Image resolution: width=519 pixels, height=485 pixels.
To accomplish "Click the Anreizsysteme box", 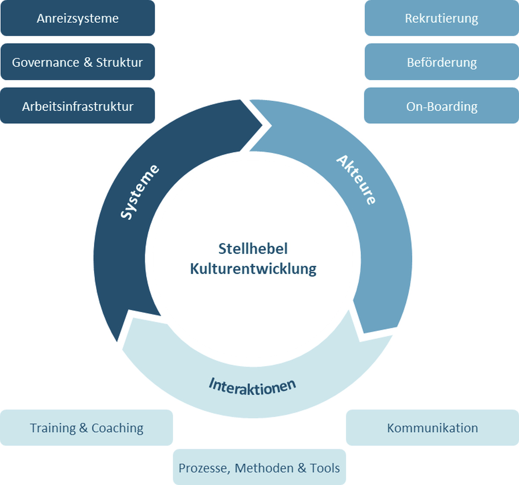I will point(78,18).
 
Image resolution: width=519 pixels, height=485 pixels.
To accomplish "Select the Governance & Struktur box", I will point(78,62).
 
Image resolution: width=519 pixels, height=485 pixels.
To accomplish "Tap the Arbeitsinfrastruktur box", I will point(78,106).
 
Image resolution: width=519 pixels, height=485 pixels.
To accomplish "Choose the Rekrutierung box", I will point(442,18).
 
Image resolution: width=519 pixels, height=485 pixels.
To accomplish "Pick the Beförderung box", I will point(442,62).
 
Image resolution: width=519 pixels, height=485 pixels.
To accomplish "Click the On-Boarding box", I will point(442,106).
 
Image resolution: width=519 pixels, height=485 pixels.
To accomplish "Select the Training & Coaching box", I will point(86,428).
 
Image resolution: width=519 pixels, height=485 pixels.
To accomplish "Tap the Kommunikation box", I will point(432,428).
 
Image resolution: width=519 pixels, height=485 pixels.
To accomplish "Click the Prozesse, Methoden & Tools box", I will point(259,468).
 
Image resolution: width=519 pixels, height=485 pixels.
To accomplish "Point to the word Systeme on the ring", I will point(139,192).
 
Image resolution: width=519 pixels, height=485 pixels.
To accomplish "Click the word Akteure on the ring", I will point(357,179).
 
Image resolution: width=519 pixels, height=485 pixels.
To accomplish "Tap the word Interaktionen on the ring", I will point(253,386).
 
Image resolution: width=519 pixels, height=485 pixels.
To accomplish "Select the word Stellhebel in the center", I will point(253,249).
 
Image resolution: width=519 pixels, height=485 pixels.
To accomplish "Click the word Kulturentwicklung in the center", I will point(253,269).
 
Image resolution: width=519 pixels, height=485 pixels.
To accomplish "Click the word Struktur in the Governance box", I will point(119,62).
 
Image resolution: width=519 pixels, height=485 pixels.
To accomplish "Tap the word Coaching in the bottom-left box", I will point(117,428).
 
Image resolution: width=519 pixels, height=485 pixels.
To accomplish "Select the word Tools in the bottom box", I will point(325,468).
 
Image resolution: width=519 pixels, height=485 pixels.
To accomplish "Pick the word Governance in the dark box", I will point(45,62).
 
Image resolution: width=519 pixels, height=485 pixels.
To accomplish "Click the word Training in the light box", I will point(53,428).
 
